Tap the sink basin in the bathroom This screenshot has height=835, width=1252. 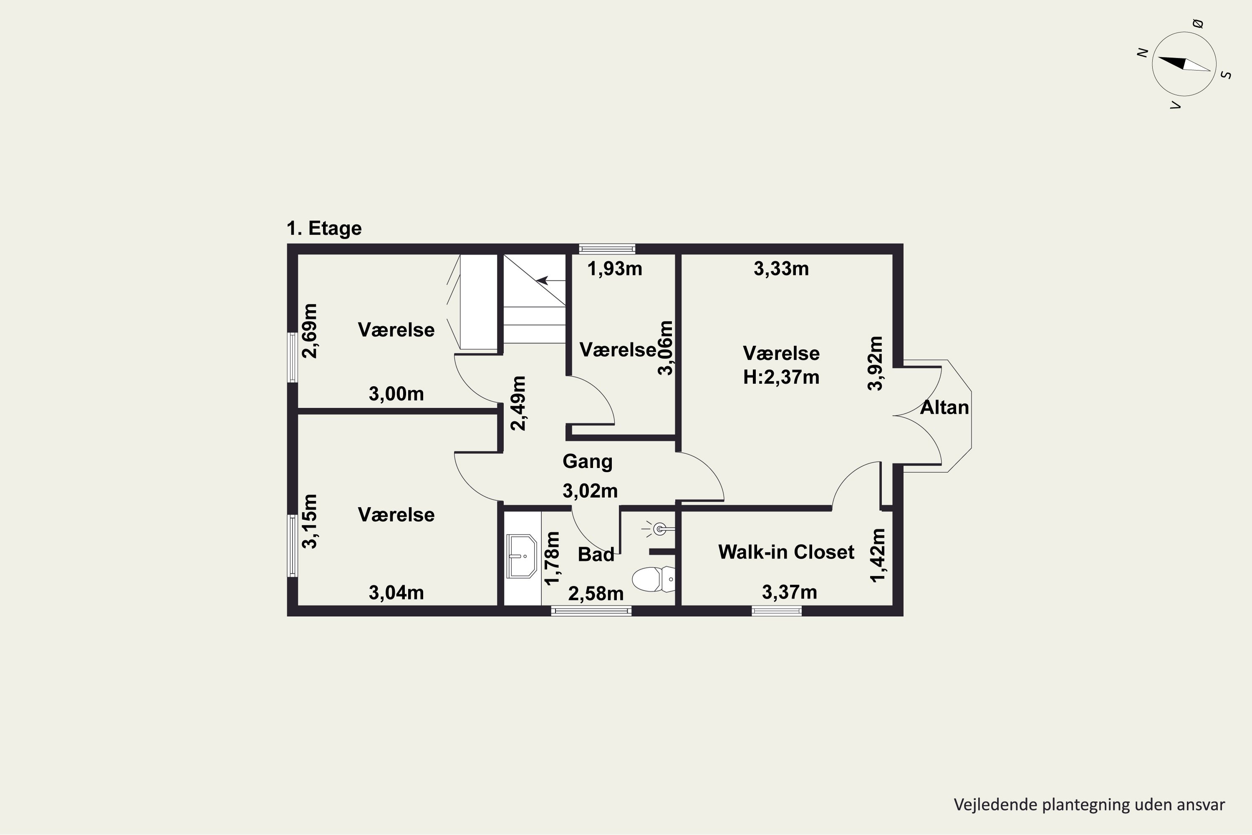coord(521,556)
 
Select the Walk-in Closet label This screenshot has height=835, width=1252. coord(786,552)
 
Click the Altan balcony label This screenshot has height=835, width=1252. coord(944,407)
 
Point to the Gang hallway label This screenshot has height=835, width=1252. coord(587,462)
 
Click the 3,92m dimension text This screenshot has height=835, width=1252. coord(875,363)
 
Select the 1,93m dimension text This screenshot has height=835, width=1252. coord(614,269)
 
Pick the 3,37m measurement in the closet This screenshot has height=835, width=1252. coord(790,592)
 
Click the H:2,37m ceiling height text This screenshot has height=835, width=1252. coord(781,377)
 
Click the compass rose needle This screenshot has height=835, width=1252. coord(1184,64)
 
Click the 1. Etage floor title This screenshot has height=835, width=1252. coord(324,228)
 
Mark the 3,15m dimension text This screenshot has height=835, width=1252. coord(309,521)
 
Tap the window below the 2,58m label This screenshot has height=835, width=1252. coord(591,611)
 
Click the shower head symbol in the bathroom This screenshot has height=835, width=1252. coord(659,529)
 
